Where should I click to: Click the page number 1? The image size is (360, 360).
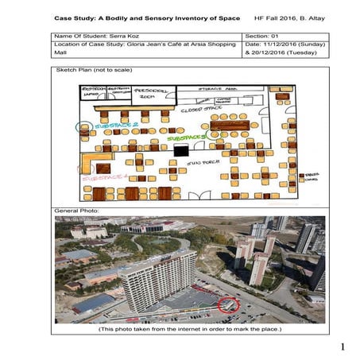click(343, 347)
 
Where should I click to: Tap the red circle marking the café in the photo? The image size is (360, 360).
click(229, 303)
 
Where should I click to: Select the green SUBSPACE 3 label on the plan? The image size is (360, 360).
click(187, 137)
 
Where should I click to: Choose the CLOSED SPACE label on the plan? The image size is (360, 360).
click(198, 110)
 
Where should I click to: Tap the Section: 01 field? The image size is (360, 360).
click(264, 37)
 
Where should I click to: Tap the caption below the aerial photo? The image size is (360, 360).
click(190, 328)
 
